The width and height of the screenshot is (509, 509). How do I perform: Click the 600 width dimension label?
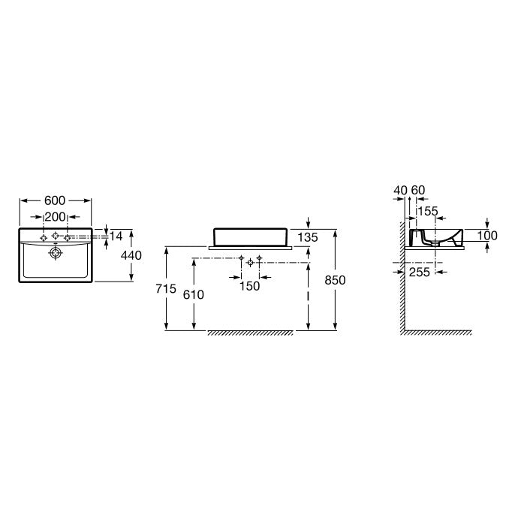coord(55,200)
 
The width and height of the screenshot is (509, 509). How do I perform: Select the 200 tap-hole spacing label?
coord(56,217)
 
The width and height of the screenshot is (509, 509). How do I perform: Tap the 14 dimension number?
coord(116,236)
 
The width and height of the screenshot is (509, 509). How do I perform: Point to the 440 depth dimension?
coord(131,255)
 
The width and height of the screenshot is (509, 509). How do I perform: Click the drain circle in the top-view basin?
coord(56,253)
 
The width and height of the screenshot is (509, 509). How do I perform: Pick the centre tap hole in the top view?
coord(56,235)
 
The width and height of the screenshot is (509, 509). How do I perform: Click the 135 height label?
coord(307,238)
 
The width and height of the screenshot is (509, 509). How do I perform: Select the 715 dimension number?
coord(166,288)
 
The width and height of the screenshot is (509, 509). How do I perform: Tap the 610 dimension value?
coord(194,295)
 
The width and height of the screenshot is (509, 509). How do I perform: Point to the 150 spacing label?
coord(250,286)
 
